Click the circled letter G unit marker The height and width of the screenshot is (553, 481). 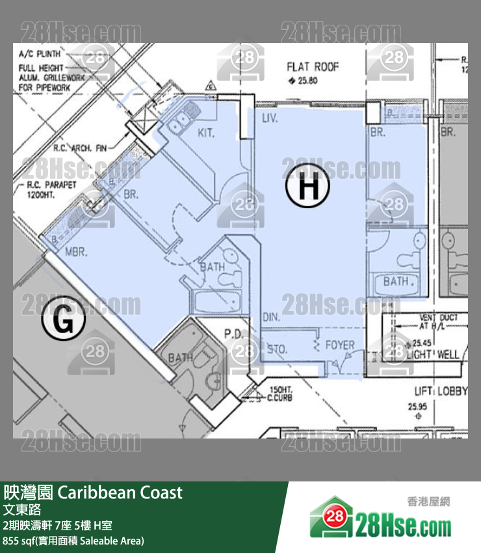(x=64, y=320)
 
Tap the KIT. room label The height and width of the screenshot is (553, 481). (x=206, y=133)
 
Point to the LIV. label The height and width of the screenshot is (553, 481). (x=270, y=120)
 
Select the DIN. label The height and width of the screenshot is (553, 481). (x=272, y=317)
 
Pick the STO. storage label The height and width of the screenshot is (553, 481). (x=278, y=350)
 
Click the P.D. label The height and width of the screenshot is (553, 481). (x=233, y=334)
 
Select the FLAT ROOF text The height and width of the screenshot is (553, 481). (x=313, y=66)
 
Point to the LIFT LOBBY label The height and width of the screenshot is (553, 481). (x=441, y=391)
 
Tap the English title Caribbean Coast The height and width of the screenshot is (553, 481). (x=120, y=492)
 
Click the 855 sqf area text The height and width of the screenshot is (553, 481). (x=73, y=540)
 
